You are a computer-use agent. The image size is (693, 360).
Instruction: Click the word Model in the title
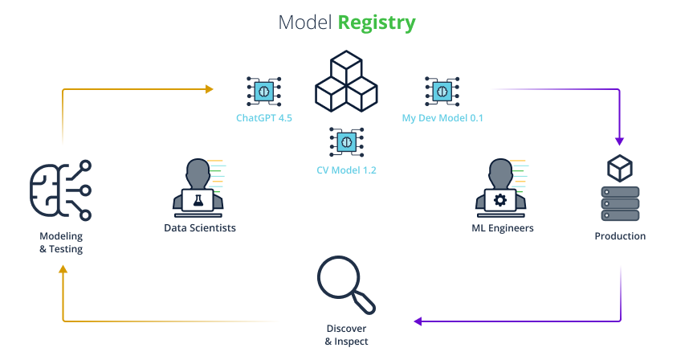304,22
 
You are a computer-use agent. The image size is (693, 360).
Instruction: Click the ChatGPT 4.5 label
263,118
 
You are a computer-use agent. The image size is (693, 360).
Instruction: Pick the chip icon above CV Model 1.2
346,142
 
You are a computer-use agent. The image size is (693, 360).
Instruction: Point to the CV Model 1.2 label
346,170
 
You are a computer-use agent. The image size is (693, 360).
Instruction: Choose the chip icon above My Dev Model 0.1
441,91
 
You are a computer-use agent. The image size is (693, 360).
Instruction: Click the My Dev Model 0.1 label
442,118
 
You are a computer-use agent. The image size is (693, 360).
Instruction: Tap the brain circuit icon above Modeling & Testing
60,190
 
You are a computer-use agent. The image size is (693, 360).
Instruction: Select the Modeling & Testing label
61,243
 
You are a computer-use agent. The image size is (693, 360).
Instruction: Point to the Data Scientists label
200,228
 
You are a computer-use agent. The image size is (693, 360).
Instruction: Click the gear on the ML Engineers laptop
500,199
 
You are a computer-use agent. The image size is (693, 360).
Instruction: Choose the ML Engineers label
503,228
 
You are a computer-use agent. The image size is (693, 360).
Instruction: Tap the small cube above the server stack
620,167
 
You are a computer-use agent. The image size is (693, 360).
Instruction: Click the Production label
620,236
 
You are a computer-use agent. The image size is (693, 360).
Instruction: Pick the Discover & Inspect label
347,335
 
